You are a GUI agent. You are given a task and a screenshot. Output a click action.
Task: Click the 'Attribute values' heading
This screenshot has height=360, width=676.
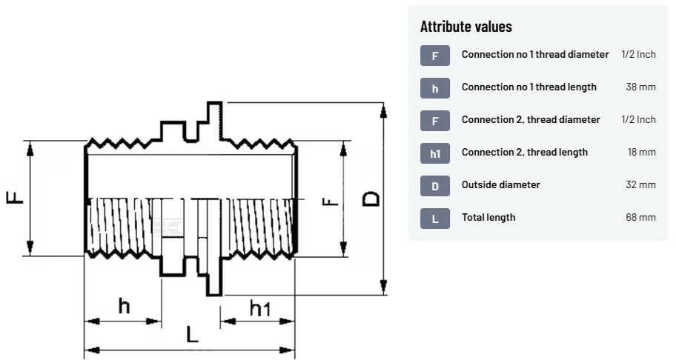[x=465, y=27]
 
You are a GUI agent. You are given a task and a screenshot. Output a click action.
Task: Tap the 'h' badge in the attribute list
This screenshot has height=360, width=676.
[x=435, y=87]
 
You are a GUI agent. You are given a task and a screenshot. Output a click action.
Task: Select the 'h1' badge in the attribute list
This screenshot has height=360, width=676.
[x=435, y=153]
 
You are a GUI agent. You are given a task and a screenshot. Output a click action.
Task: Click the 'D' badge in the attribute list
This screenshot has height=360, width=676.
[x=435, y=185]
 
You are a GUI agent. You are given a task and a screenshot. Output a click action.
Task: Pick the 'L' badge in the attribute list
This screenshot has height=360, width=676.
[x=435, y=218]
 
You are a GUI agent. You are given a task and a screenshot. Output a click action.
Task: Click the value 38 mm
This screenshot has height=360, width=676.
[x=640, y=87]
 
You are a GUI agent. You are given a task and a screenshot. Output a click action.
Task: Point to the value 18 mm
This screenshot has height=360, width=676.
[x=641, y=153]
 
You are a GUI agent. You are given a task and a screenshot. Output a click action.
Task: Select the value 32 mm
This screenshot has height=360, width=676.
[x=640, y=185]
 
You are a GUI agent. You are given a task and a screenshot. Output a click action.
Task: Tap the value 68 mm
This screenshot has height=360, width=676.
[x=640, y=218]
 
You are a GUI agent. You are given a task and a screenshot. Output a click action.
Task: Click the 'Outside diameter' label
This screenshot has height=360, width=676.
[x=500, y=185]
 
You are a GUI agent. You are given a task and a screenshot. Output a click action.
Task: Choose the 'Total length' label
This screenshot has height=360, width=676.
[x=488, y=218]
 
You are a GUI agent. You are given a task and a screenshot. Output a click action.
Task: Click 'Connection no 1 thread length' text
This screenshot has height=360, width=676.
[x=528, y=87]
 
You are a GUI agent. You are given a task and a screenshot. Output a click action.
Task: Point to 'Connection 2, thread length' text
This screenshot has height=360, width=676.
[x=524, y=153]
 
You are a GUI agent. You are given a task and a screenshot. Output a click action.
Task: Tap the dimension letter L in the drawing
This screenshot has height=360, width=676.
[x=192, y=334]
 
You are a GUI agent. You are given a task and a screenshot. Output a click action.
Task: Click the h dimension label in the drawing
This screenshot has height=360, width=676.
[x=124, y=305]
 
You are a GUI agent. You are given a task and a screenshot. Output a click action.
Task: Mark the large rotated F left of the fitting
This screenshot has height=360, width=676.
[x=16, y=197]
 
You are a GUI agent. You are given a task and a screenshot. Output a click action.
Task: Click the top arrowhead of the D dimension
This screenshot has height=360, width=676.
[x=382, y=110]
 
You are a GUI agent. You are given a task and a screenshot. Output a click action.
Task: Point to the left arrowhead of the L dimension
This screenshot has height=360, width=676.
[x=90, y=349]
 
